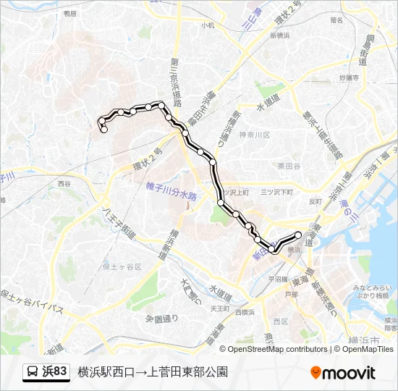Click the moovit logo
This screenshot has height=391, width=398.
(342, 373)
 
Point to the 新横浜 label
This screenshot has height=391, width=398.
(279, 35)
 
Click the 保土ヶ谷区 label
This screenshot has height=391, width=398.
(122, 266)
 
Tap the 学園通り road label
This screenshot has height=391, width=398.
(161, 318)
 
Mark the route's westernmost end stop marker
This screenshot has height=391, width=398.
(104, 130)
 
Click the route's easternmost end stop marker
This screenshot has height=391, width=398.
(298, 234)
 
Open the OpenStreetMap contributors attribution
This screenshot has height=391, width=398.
(278, 349)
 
